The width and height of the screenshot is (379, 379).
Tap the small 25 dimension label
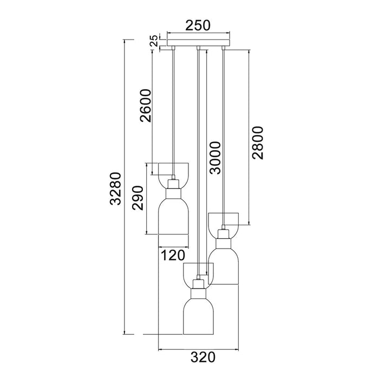(154, 41)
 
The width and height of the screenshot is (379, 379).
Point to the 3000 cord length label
(215, 158)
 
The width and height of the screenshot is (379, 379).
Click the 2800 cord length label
(257, 142)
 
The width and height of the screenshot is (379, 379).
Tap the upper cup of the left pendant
(173, 169)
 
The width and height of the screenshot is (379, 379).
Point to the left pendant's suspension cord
(173, 108)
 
